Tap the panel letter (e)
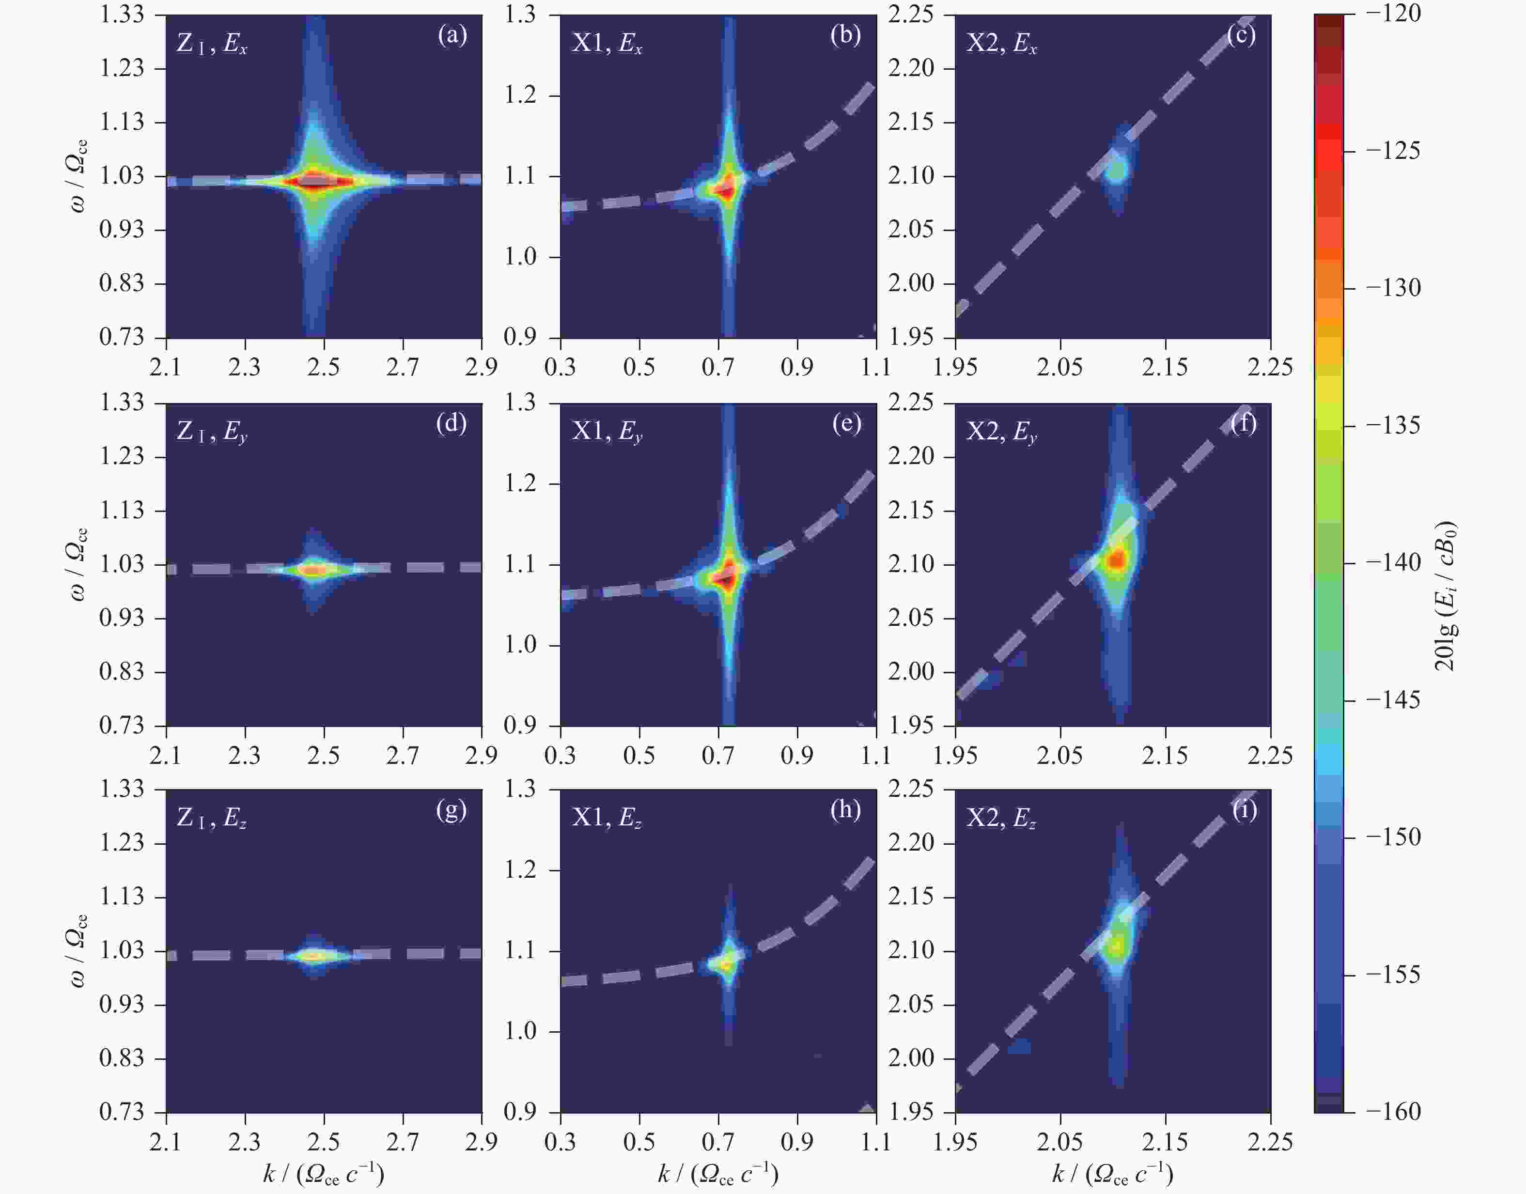tap(846, 424)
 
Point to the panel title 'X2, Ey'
tap(1001, 432)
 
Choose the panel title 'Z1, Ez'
tap(211, 818)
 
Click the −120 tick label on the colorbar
tap(1394, 14)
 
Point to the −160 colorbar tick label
tap(1394, 1112)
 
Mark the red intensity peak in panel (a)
tap(314, 182)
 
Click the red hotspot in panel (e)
tap(727, 577)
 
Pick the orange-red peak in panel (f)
tap(1117, 559)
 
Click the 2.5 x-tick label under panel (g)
tap(323, 1142)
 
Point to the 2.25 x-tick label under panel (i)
tap(1269, 1142)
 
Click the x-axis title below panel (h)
tap(718, 1173)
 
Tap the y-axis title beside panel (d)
tap(78, 564)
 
